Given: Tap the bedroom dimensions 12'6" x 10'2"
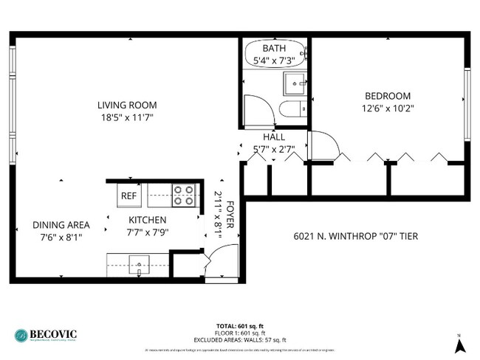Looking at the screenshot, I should (x=388, y=108).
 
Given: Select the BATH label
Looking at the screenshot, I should (x=275, y=48).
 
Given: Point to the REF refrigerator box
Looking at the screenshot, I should (x=128, y=195).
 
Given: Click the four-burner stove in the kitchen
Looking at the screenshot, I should (x=183, y=195).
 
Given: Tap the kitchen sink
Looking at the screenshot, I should (x=137, y=263).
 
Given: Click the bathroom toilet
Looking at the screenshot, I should (x=291, y=111).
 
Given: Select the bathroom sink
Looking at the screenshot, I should (x=295, y=83).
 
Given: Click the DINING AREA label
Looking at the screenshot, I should (x=61, y=225).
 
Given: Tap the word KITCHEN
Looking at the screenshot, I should (x=148, y=220).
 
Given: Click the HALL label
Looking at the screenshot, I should (x=274, y=137).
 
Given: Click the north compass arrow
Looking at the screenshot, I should (x=459, y=344).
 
